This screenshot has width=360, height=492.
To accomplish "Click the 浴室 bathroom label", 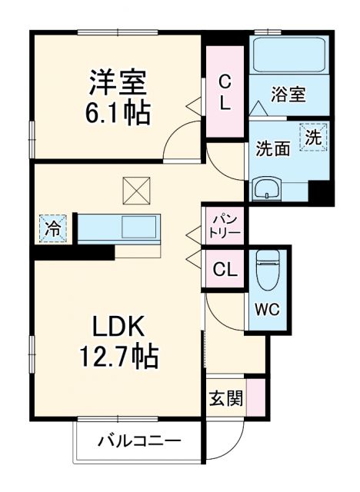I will pyautogui.click(x=289, y=95).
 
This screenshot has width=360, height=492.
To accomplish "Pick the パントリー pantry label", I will pyautogui.click(x=224, y=225).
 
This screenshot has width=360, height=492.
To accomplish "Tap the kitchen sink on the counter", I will pyautogui.click(x=138, y=228).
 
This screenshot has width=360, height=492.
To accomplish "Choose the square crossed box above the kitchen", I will pyautogui.click(x=135, y=188).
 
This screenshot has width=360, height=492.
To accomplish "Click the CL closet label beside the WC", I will pyautogui.click(x=224, y=270).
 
